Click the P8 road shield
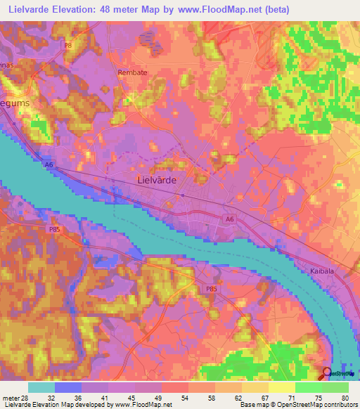coord(68,46)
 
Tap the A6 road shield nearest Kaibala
coord(230,219)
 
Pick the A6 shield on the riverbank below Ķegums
coord(49,164)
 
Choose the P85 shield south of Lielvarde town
coord(211,289)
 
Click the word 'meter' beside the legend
coord(10,397)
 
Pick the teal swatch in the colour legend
coord(41,387)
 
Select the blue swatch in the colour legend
coord(68,387)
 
